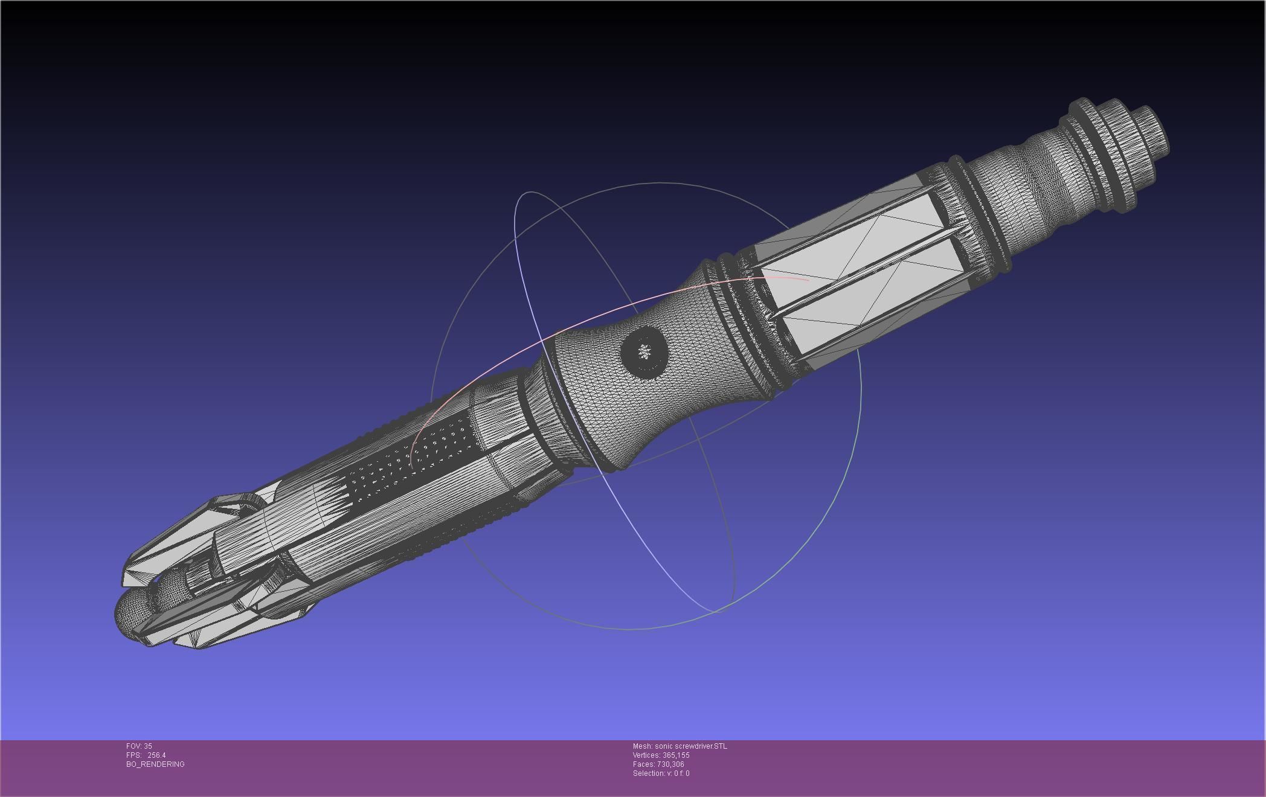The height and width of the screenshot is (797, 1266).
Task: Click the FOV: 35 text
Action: point(139,746)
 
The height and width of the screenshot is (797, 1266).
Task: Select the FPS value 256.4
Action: point(156,755)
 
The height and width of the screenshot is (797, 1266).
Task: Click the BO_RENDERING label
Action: point(155,764)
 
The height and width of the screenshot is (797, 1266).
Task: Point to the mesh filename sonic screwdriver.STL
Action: point(691,746)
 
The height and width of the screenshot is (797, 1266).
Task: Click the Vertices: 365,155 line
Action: point(661,755)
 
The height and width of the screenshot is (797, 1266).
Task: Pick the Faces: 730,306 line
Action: point(658,764)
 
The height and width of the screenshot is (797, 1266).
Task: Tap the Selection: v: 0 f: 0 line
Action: point(661,773)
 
